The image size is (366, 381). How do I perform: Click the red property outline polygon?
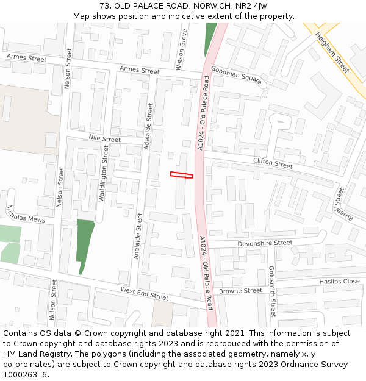181,176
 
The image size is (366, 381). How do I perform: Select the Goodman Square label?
236,75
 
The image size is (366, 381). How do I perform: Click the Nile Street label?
104,139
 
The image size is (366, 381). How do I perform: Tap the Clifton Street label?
273,163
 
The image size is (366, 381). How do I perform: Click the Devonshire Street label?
265,243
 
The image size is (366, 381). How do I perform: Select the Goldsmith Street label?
272,291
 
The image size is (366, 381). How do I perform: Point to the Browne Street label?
240,291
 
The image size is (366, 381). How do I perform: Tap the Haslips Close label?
339,282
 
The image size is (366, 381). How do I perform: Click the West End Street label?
144,294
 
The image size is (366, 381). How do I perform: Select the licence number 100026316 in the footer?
25,375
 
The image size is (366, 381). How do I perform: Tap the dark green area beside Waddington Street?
85,241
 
